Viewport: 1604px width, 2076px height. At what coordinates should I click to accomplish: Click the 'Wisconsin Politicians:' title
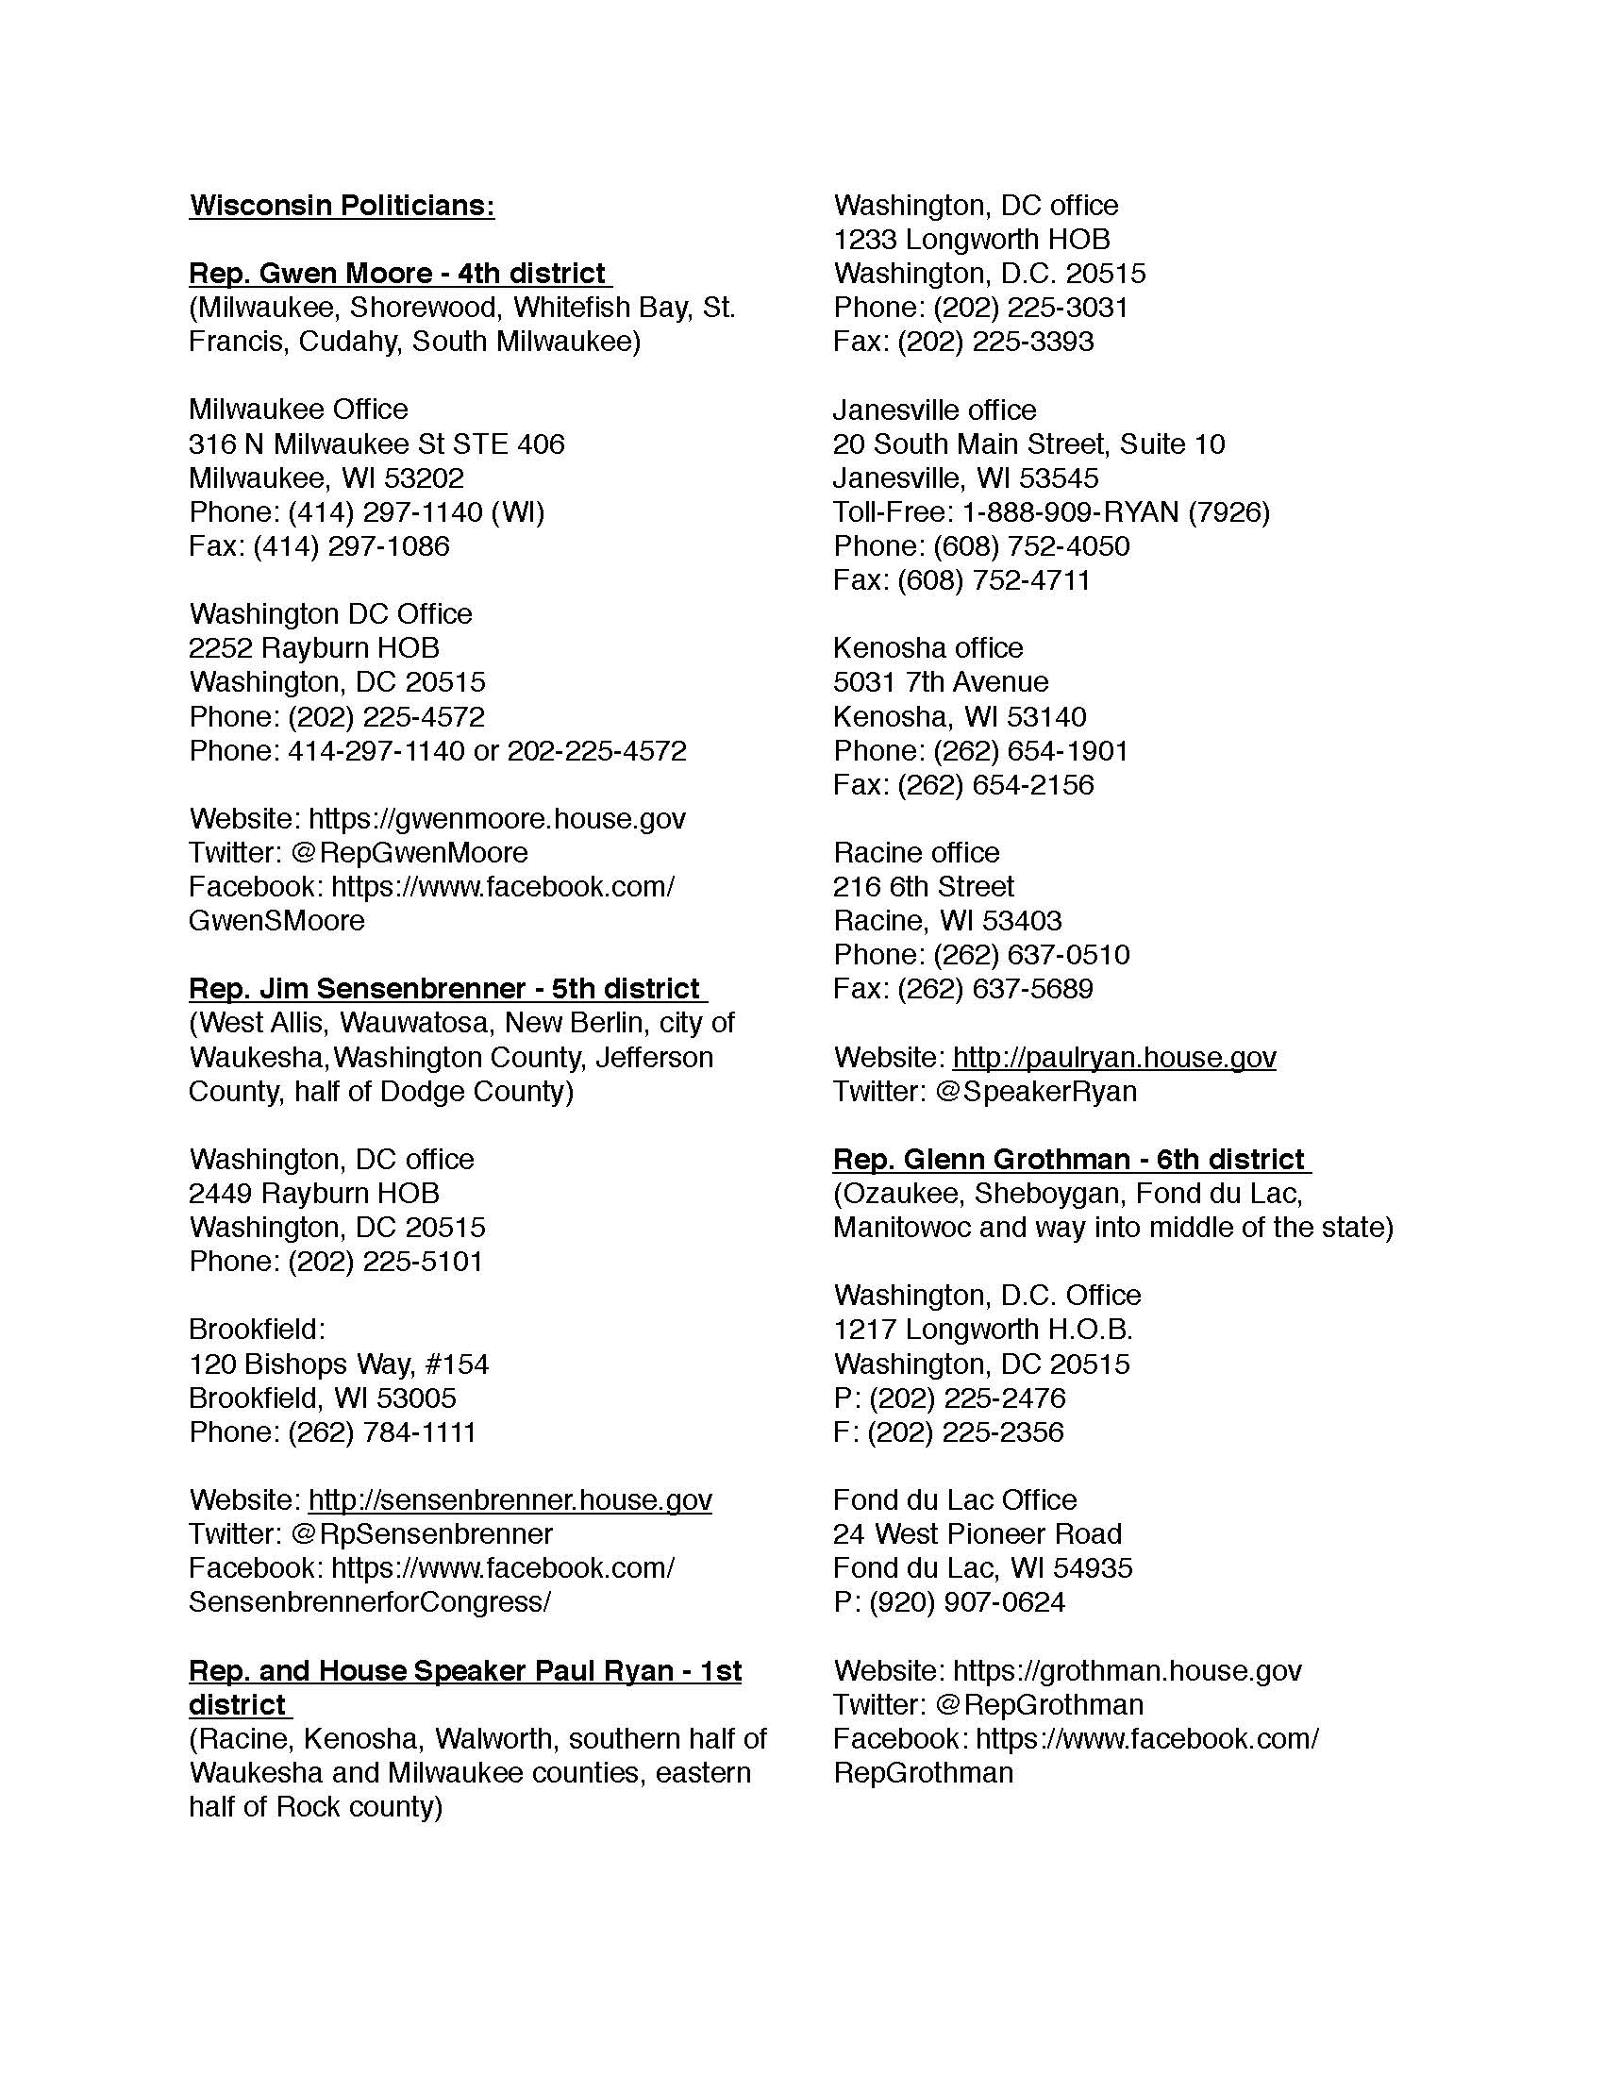click(x=342, y=206)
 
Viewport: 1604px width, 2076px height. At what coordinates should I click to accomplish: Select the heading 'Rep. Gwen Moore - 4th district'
click(x=398, y=274)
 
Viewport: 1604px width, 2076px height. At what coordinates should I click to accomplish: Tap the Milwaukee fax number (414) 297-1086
click(x=351, y=546)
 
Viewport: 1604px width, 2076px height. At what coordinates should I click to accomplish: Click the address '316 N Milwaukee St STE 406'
click(x=376, y=444)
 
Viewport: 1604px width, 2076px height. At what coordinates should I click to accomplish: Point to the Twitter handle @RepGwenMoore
click(x=409, y=853)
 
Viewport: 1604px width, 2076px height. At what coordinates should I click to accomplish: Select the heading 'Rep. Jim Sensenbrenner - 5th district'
click(x=445, y=989)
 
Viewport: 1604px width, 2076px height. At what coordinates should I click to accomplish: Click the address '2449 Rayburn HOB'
click(x=313, y=1193)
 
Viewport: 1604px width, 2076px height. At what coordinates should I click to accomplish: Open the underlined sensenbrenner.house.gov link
click(x=510, y=1500)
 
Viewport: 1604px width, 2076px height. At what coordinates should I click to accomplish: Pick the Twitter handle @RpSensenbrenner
click(x=422, y=1534)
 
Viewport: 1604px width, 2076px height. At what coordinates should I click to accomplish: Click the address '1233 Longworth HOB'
click(x=971, y=240)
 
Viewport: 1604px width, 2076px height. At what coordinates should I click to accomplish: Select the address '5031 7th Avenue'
click(x=941, y=682)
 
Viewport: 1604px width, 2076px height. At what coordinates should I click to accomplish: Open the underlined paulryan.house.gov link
click(x=1113, y=1057)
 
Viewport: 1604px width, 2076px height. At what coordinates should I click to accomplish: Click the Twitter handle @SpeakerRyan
click(x=1036, y=1091)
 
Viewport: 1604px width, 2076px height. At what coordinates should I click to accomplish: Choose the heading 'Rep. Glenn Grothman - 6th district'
click(x=1070, y=1160)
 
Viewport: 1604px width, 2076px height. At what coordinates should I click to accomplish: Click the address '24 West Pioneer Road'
click(x=977, y=1534)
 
